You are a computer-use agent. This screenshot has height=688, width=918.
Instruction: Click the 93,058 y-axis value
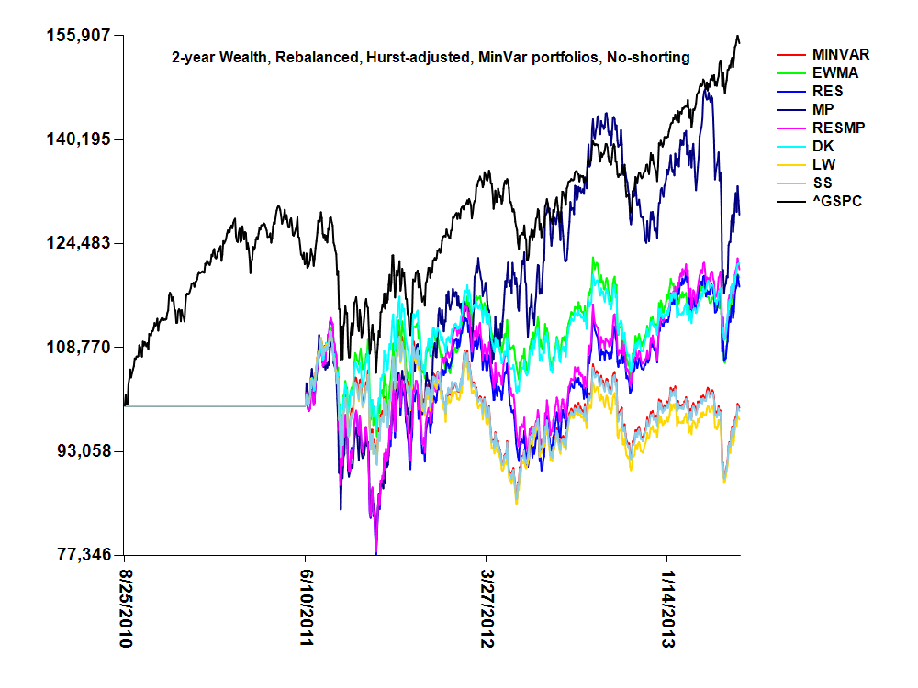point(81,451)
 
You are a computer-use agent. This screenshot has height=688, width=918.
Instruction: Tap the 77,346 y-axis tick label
point(81,555)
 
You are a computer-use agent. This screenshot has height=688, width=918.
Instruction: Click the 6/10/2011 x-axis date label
point(306,607)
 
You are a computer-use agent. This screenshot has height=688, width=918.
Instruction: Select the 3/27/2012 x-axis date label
point(487,607)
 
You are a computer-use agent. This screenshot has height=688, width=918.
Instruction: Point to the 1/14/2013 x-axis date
point(667,607)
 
